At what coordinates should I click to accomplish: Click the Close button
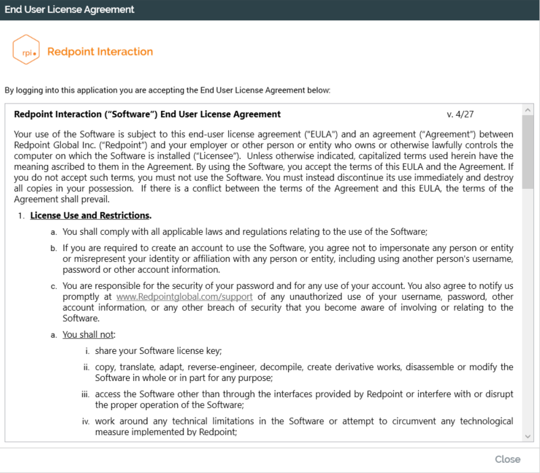pyautogui.click(x=507, y=459)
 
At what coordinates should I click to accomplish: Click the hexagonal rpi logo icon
pyautogui.click(x=26, y=51)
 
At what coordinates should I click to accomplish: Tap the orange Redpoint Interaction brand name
pyautogui.click(x=100, y=51)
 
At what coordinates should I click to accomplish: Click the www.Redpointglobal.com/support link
pyautogui.click(x=185, y=297)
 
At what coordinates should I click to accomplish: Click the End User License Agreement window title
pyautogui.click(x=70, y=9)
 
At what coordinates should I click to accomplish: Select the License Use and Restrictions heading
pyautogui.click(x=91, y=215)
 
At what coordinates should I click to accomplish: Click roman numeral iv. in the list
pyautogui.click(x=86, y=422)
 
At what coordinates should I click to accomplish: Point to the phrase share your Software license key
pyautogui.click(x=158, y=350)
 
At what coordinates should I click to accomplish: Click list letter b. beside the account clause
pyautogui.click(x=53, y=248)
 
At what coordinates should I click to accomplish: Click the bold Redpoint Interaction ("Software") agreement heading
pyautogui.click(x=148, y=114)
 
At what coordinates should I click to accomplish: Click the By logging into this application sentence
pyautogui.click(x=168, y=89)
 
